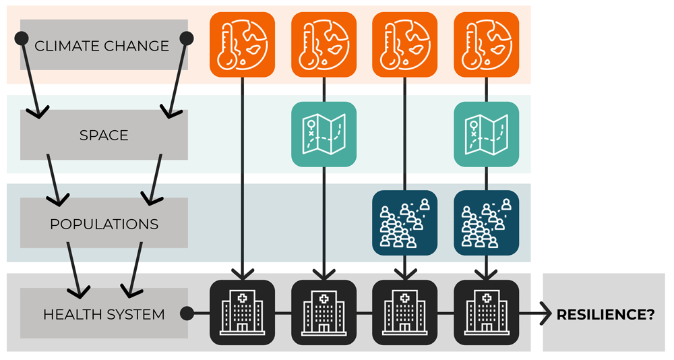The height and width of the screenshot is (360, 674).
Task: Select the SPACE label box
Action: pos(104,135)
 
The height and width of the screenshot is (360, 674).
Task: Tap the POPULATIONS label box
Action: pos(104,224)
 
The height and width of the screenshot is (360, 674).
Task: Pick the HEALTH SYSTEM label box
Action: pos(104,314)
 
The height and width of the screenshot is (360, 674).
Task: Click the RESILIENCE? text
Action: pos(605,314)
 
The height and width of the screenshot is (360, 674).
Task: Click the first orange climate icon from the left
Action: pos(243,44)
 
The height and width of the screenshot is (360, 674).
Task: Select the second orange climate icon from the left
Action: pos(324,44)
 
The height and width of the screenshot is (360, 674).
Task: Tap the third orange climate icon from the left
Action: pos(405,44)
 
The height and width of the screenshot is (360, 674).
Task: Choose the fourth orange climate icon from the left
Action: pos(487,44)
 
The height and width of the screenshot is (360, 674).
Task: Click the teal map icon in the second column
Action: pos(324,134)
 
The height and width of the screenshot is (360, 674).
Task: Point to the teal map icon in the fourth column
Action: pos(487,134)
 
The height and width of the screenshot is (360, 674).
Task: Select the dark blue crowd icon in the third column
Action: pos(405,223)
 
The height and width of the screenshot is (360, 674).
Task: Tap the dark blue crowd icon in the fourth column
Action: pos(487,223)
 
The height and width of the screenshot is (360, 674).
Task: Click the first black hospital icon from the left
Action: pos(243,313)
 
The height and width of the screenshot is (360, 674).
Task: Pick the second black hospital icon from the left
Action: pos(324,313)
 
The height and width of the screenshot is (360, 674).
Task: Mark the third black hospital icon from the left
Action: pos(405,313)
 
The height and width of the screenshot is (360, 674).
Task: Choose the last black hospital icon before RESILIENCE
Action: pos(487,313)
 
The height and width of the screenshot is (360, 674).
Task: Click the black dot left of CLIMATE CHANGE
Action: pos(20,38)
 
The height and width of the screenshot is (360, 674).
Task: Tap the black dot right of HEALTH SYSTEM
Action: pos(188,313)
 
